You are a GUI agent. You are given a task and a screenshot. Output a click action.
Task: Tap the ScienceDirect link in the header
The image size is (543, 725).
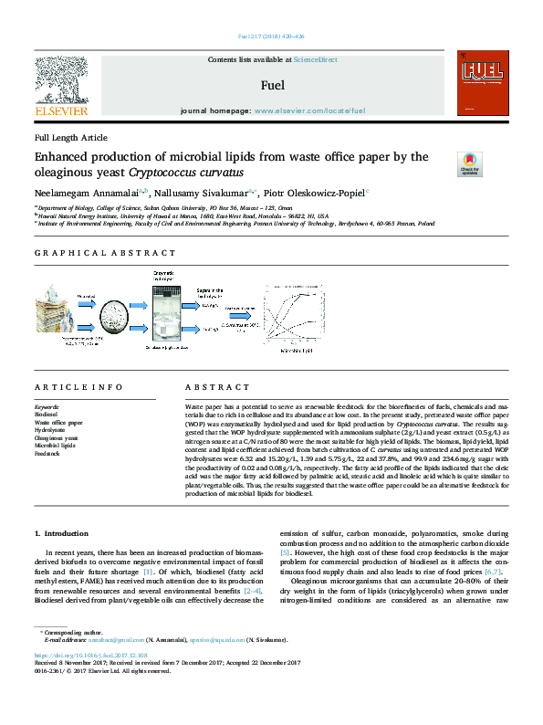click(316, 59)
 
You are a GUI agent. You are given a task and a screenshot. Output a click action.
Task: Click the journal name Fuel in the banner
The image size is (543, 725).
click(272, 86)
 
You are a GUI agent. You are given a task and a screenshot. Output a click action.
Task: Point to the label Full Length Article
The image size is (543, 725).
click(70, 137)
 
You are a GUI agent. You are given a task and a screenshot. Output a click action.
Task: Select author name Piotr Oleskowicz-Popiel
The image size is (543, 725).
click(316, 193)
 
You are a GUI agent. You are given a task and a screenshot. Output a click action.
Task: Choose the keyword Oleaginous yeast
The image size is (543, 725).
click(57, 437)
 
